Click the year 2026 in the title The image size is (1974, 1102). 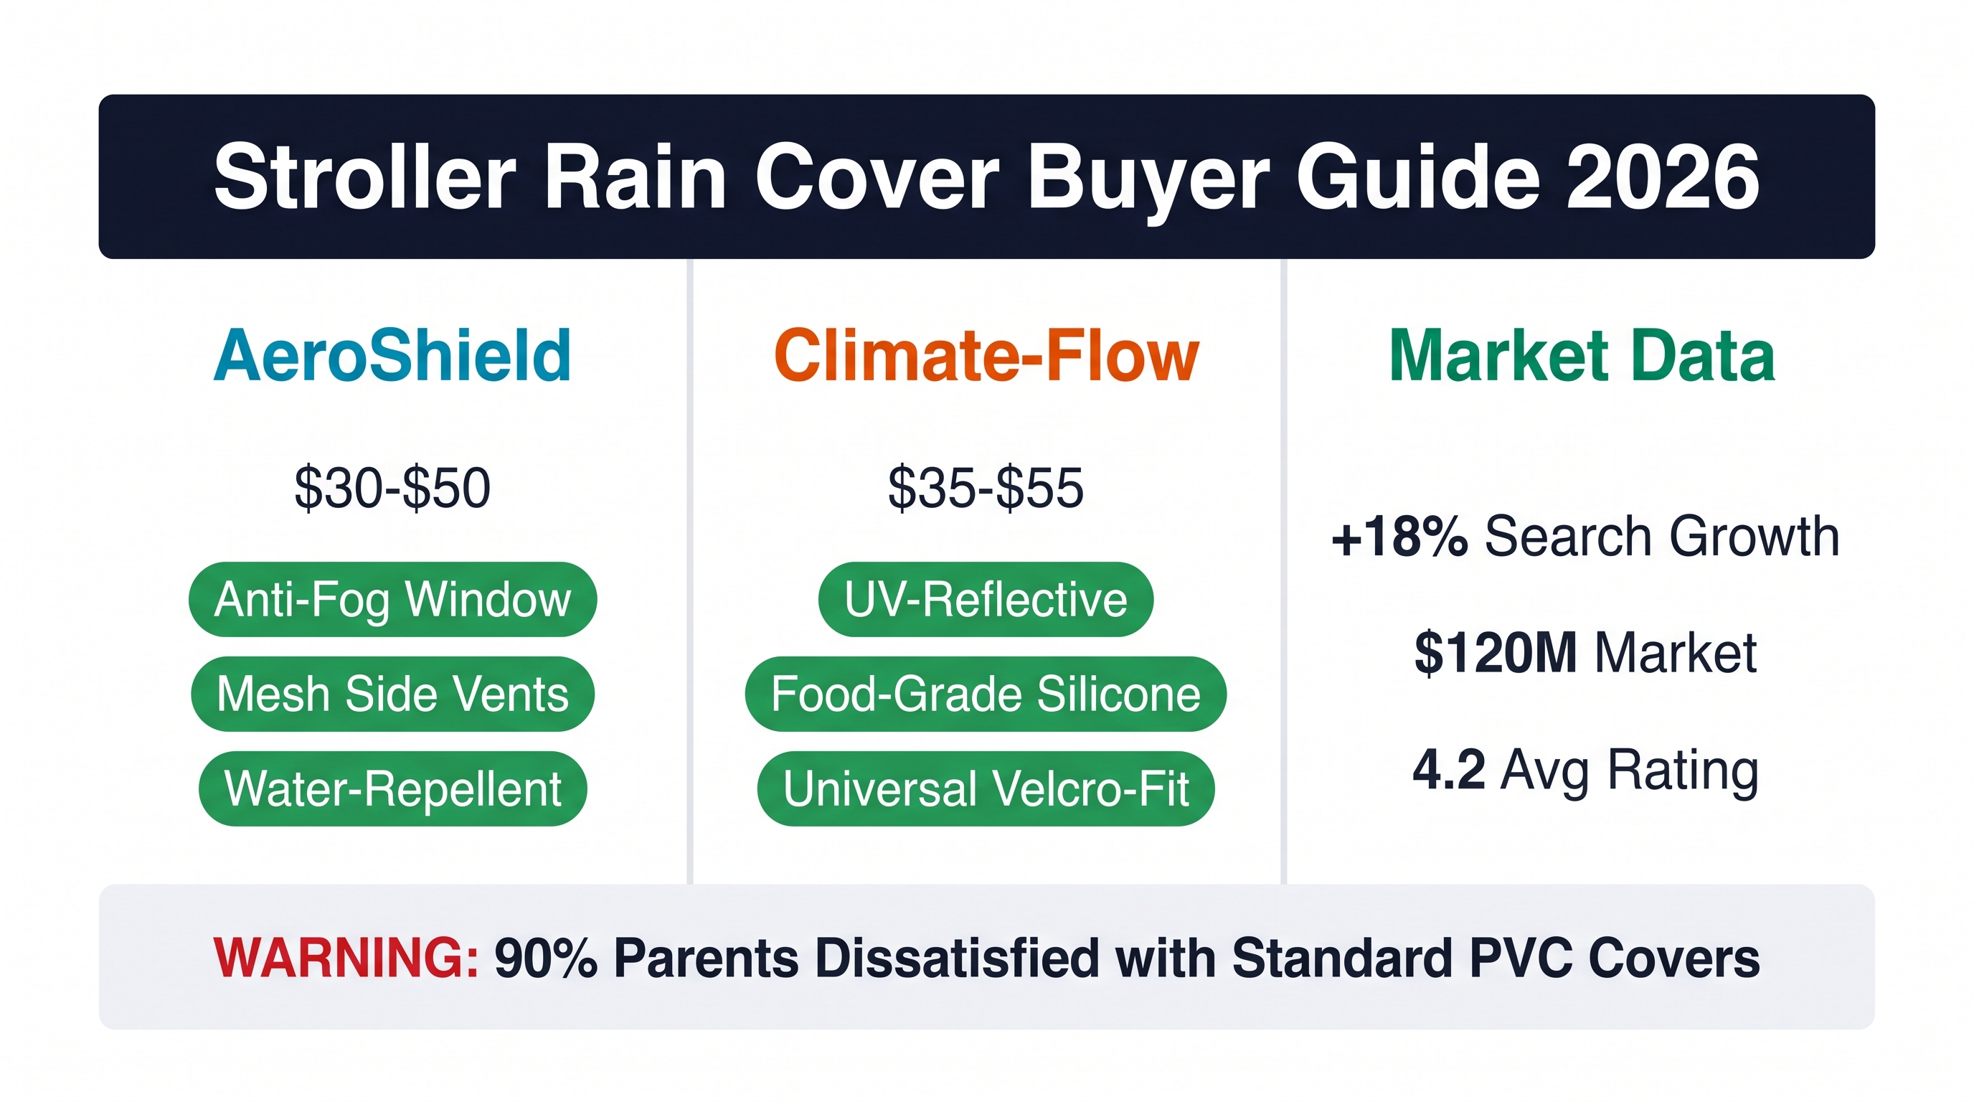pos(1663,177)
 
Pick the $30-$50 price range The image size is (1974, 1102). pos(392,487)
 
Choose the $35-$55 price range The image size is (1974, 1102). pos(986,487)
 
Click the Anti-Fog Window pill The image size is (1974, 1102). pos(392,599)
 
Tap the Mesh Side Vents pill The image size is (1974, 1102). pos(392,694)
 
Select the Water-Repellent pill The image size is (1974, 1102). pos(392,788)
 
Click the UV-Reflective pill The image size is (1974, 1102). pos(986,599)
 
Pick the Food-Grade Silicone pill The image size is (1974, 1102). pos(986,694)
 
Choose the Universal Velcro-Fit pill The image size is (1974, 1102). pos(986,788)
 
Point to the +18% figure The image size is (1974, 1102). pos(1399,537)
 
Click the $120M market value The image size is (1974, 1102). pos(1496,653)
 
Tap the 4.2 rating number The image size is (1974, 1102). pos(1449,769)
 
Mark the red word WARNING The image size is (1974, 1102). pos(346,958)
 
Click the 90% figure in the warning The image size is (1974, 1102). pos(546,958)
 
